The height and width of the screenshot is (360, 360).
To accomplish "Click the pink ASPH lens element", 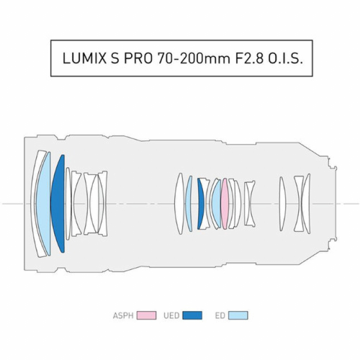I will click(225, 204).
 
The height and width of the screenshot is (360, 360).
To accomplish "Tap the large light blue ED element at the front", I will click(43, 204).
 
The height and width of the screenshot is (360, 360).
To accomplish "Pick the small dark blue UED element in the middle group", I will click(200, 204).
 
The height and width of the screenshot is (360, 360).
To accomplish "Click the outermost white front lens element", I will click(35, 204).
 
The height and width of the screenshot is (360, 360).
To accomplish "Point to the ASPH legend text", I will click(123, 316).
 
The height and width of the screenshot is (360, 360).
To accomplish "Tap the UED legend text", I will click(171, 316).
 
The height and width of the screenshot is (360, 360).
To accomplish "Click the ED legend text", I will click(220, 316).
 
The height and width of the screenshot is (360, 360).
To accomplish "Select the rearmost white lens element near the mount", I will click(307, 204).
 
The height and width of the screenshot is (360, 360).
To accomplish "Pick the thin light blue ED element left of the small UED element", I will click(190, 204).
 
